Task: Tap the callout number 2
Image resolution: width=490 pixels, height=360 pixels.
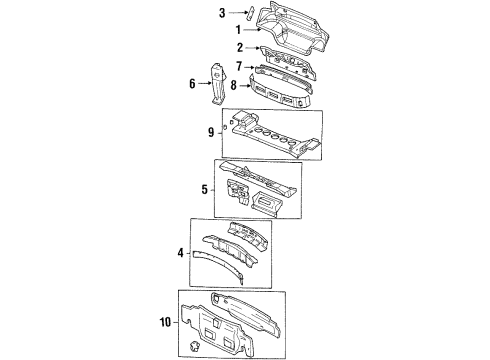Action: pos(241,48)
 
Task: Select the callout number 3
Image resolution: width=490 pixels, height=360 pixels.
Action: pos(222,13)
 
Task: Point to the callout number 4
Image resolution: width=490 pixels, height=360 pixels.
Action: pos(181,254)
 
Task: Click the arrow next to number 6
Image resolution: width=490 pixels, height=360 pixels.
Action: pos(204,84)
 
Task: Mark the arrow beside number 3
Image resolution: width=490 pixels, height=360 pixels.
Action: pos(233,13)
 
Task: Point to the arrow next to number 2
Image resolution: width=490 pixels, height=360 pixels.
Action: pos(252,48)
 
